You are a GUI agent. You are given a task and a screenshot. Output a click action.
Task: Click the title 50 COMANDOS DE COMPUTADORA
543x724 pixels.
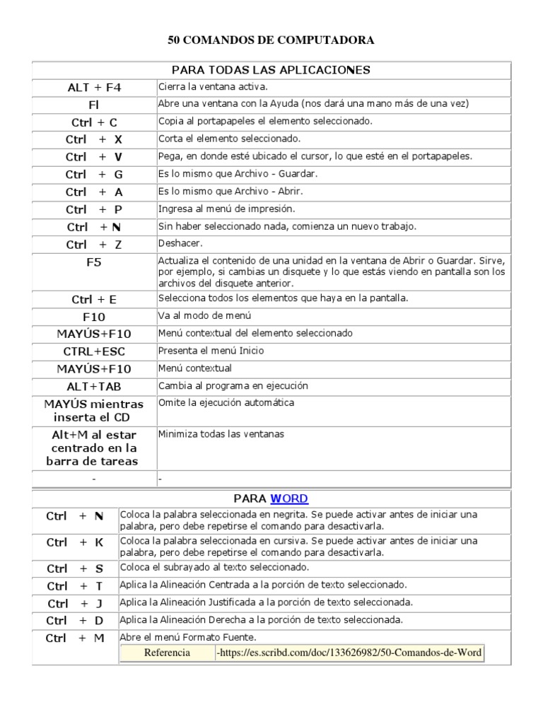click(x=271, y=41)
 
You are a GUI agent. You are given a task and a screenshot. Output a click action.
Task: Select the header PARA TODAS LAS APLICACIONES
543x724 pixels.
click(x=271, y=70)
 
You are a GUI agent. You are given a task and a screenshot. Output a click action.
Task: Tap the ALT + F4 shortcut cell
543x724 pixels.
click(x=94, y=88)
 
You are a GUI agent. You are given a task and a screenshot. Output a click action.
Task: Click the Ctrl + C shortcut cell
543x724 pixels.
click(x=94, y=122)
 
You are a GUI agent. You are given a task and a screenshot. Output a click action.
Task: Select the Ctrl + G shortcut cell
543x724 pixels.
click(x=94, y=174)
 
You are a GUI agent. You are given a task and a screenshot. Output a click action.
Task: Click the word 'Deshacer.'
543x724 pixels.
click(x=177, y=243)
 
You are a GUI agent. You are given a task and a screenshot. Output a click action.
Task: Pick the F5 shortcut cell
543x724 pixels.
click(x=94, y=262)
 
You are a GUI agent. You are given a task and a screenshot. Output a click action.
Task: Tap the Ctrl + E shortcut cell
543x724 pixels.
click(x=94, y=299)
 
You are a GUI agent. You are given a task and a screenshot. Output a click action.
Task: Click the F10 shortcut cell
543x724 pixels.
click(x=94, y=317)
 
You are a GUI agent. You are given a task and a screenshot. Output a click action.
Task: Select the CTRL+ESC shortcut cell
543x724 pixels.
click(x=94, y=351)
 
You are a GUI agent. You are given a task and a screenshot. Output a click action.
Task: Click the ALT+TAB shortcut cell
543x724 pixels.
click(x=94, y=387)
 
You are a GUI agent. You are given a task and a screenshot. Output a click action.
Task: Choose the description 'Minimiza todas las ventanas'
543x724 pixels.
click(x=221, y=434)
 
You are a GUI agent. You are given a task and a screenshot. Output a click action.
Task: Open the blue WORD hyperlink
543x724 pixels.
click(x=289, y=498)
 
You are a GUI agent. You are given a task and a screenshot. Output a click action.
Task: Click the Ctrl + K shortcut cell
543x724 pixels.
click(x=75, y=542)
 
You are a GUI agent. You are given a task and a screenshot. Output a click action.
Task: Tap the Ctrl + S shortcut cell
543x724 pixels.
click(x=75, y=568)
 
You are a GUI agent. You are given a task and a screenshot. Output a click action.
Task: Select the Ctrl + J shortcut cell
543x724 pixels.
click(x=75, y=603)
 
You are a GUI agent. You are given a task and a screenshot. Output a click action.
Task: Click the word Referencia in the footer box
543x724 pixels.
click(x=167, y=653)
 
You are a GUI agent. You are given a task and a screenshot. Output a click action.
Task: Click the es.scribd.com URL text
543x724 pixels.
click(x=350, y=653)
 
